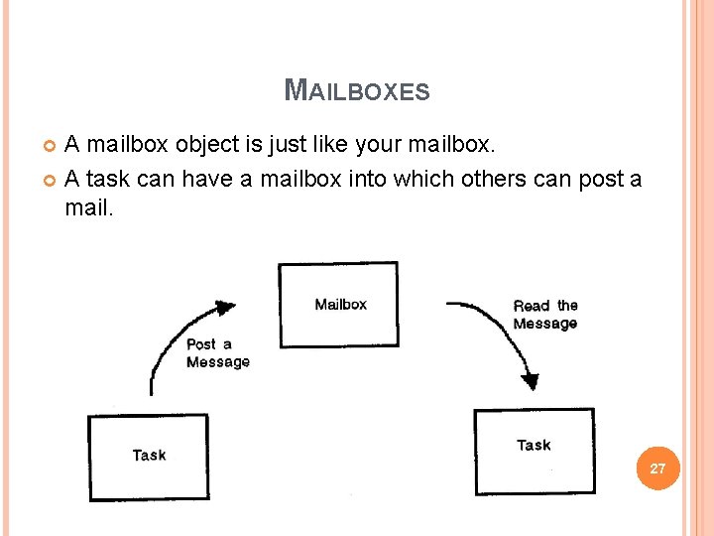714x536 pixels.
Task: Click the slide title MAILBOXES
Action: (357, 91)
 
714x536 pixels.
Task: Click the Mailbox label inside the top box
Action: (340, 304)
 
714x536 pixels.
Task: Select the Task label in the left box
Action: (149, 455)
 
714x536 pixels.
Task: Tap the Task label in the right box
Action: (534, 445)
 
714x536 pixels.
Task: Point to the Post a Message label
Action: (217, 353)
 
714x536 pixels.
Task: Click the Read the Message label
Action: (544, 315)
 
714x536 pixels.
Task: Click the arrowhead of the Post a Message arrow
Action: (226, 308)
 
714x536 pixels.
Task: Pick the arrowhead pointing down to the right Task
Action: (531, 380)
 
